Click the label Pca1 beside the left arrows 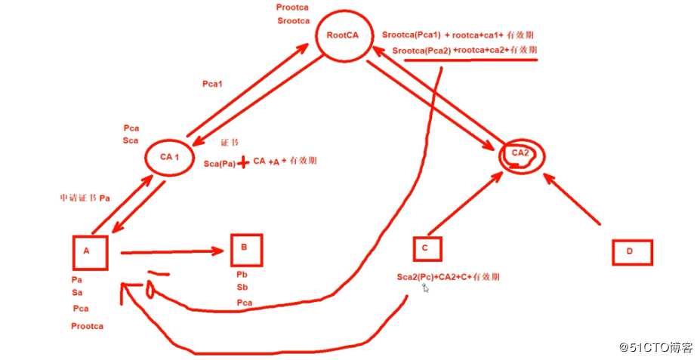tap(212, 84)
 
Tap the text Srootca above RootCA tap(293, 21)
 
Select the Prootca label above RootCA tap(292, 8)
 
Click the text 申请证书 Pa tap(85, 198)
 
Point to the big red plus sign tap(243, 162)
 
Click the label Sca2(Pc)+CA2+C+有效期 tap(449, 277)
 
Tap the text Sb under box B tap(242, 287)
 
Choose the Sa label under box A tap(77, 293)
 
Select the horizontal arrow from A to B tap(172, 252)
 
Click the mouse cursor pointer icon tap(425, 288)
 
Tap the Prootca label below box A tap(87, 326)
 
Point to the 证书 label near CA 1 tap(230, 143)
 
